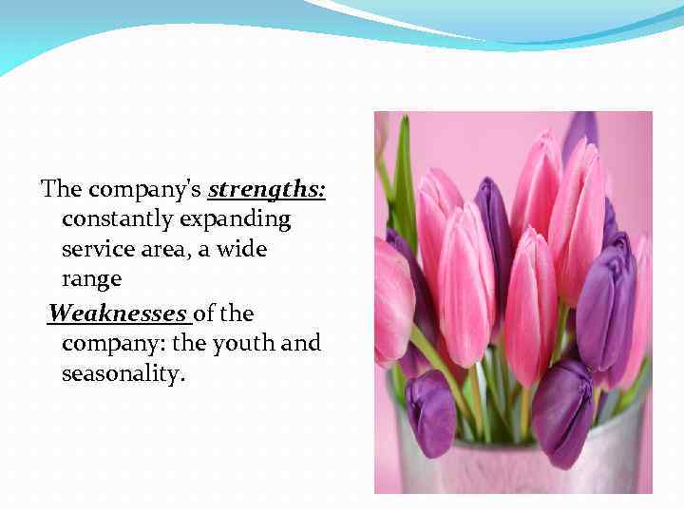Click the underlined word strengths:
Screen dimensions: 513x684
pos(267,189)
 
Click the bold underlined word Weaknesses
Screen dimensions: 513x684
pos(117,313)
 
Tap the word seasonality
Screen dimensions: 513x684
pos(123,374)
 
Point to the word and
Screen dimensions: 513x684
pos(301,343)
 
